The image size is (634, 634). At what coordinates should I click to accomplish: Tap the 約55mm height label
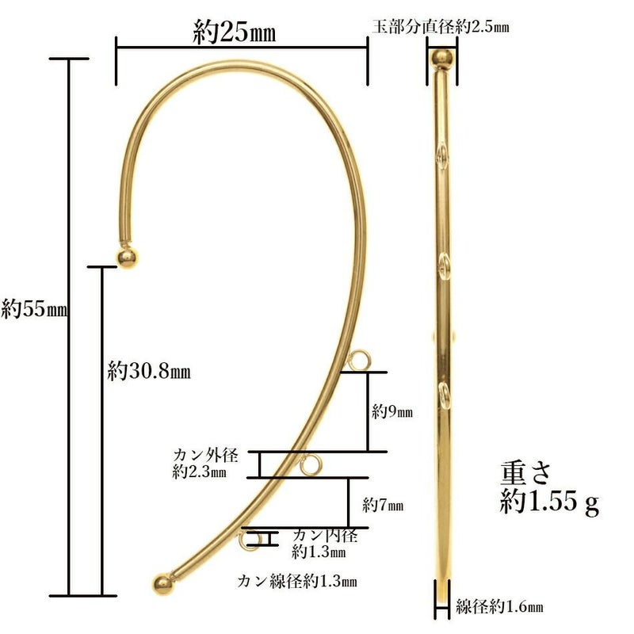pos(33,308)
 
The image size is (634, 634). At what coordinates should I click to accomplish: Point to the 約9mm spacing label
pos(393,412)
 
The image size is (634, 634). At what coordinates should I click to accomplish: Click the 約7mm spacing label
pos(384,504)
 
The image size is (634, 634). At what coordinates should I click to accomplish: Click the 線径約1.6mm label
pos(500,608)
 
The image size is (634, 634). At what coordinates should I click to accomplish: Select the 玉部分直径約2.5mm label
pos(440,26)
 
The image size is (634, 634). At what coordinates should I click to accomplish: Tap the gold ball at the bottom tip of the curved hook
pos(162,583)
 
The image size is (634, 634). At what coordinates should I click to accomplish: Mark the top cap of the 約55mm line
pos(69,59)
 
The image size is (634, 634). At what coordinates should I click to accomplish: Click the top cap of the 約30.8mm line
pos(102,266)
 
